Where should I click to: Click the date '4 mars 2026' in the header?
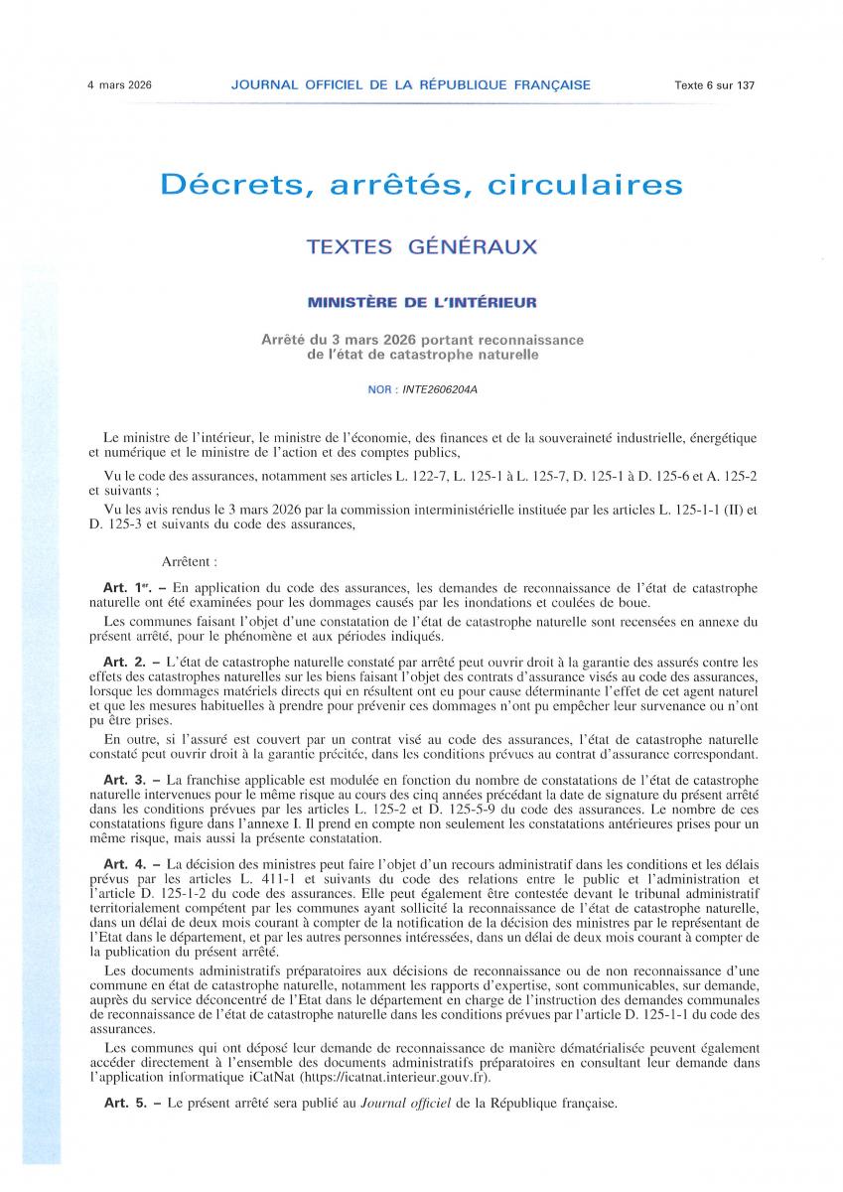pyautogui.click(x=119, y=85)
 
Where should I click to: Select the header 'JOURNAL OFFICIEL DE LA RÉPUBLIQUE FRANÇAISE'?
pyautogui.click(x=410, y=85)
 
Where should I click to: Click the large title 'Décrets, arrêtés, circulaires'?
pyautogui.click(x=421, y=185)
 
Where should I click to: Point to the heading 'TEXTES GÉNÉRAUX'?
pyautogui.click(x=421, y=246)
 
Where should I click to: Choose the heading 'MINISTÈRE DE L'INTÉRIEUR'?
pyautogui.click(x=421, y=301)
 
